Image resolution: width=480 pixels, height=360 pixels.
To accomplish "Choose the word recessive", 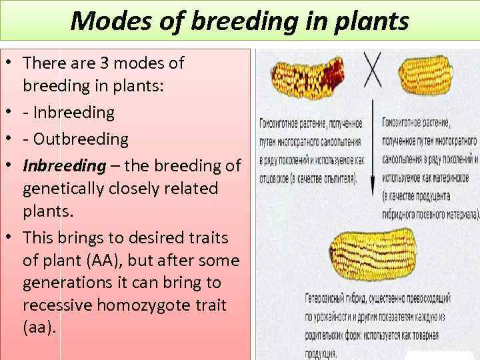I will point(59,305).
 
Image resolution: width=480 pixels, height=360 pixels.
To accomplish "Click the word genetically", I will point(64,189).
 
